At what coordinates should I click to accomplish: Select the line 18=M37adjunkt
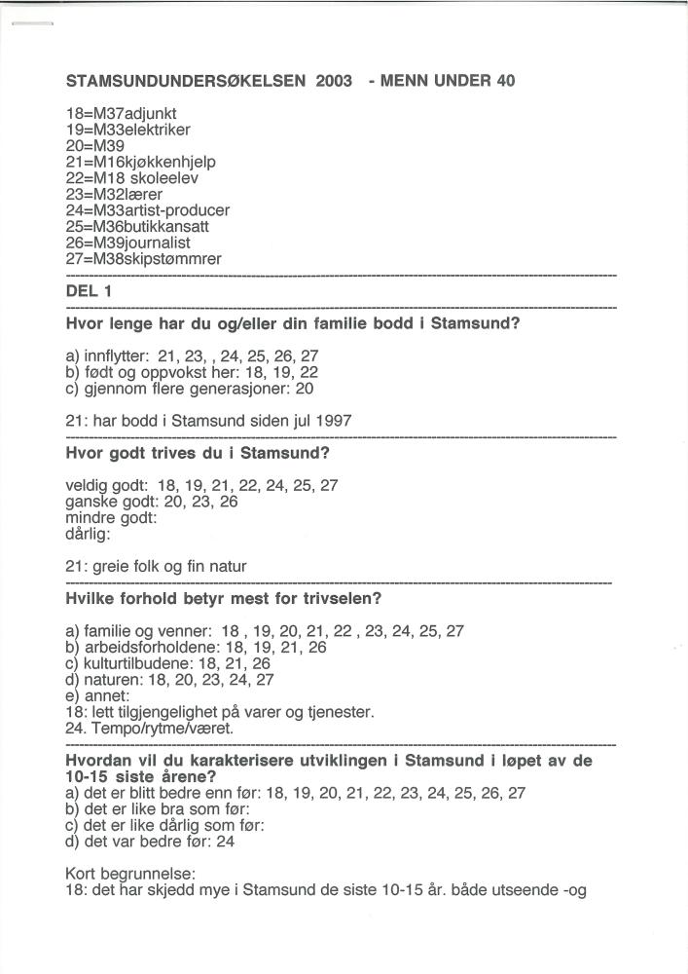coord(121,114)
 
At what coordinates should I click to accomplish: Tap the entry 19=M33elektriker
coord(128,130)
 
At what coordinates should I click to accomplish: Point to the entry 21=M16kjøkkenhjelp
coord(140,161)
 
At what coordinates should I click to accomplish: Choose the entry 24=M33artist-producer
coord(148,210)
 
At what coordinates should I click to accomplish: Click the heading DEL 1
coord(89,291)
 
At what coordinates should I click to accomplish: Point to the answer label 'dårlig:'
coord(89,534)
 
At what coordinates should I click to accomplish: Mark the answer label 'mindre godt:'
coord(110,518)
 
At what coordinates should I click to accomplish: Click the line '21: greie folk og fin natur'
coord(156,566)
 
